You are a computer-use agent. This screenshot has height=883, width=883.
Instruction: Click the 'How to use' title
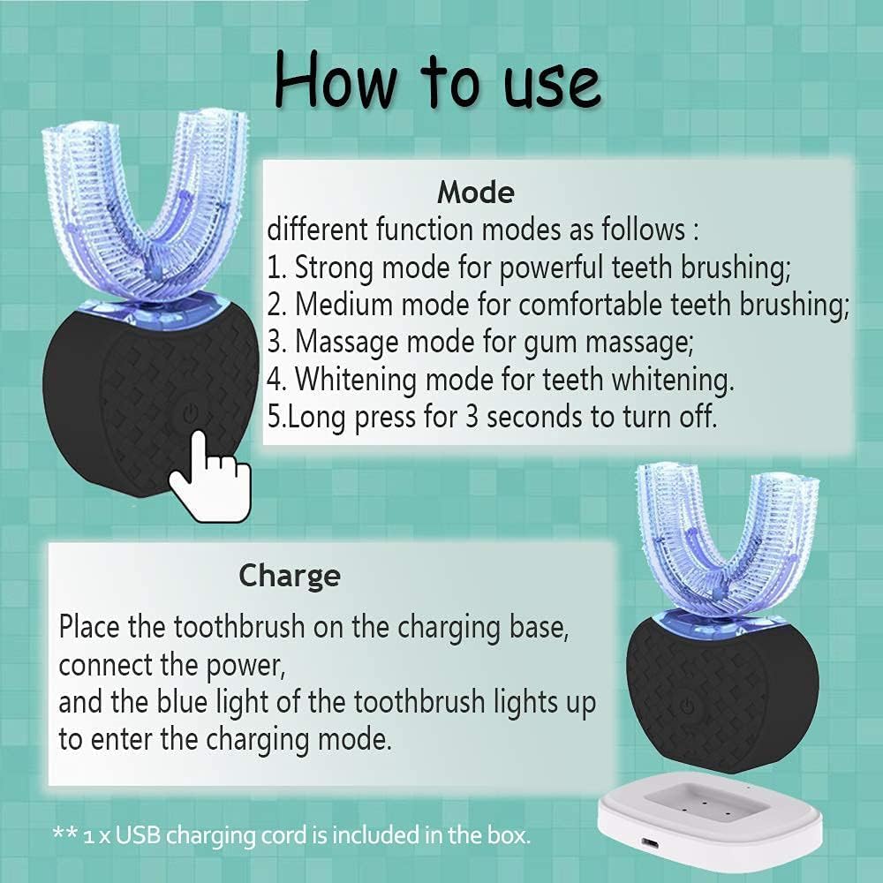[x=437, y=81]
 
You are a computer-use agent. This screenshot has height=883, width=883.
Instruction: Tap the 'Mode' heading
[x=475, y=192]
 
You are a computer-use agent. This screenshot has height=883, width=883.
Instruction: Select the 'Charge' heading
[x=290, y=576]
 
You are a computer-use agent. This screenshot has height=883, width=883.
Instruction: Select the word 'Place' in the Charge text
[x=91, y=628]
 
